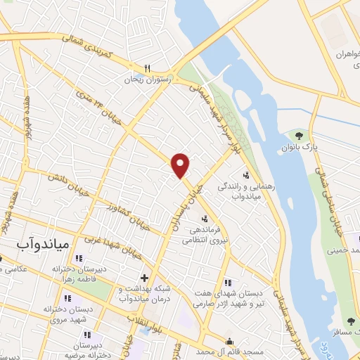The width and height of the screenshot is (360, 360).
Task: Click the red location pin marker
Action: [x=181, y=165]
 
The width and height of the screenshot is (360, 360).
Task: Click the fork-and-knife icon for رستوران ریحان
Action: [x=147, y=68]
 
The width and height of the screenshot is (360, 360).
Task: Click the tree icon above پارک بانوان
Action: [x=300, y=136]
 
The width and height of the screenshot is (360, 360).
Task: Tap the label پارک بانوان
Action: [x=310, y=148]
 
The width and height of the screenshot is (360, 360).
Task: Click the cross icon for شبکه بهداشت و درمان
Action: [x=144, y=277]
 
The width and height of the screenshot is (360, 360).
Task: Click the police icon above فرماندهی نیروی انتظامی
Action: [x=204, y=218]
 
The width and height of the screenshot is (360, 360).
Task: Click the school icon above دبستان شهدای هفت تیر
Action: [x=226, y=281]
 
